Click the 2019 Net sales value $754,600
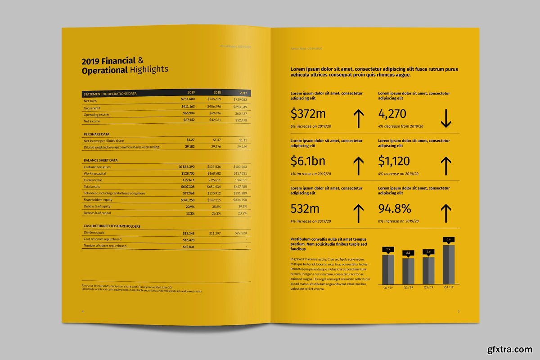188,99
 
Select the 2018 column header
217,92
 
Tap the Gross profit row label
92,108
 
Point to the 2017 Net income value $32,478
241,120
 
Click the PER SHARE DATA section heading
96,134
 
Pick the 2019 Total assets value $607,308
188,186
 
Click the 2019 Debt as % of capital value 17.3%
190,213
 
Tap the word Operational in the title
105,70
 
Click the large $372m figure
308,113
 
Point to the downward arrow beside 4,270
445,118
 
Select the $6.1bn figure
308,161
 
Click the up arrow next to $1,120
445,165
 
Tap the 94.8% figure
395,208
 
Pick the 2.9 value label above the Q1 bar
388,249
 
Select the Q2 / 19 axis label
408,287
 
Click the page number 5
459,311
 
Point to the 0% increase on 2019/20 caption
398,221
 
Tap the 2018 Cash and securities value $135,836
214,167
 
